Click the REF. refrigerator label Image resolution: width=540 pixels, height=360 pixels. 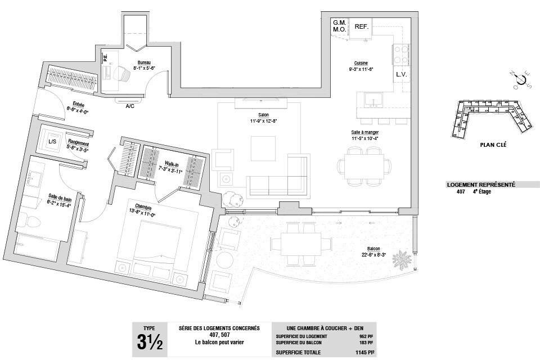361,26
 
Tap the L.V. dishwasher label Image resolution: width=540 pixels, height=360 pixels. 401,74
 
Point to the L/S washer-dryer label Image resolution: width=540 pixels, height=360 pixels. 52,141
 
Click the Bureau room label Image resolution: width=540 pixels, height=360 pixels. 144,62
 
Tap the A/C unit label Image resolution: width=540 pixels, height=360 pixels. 130,106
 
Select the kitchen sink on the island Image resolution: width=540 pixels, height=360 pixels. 373,101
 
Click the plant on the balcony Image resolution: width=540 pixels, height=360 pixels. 401,260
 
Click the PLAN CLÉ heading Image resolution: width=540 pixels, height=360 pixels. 493,145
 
